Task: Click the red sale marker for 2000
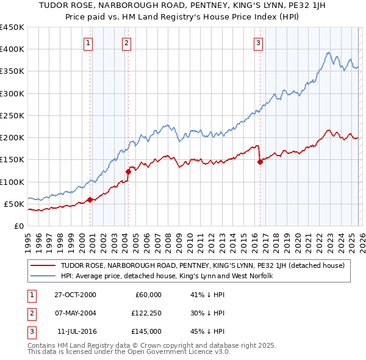[90, 199]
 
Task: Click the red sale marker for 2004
[128, 172]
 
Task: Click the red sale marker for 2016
[260, 162]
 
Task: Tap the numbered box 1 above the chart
[89, 43]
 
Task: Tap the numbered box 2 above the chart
[126, 43]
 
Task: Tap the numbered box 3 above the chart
[258, 43]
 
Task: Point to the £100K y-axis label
[12, 182]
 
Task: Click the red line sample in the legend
[43, 265]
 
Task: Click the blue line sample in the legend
[43, 276]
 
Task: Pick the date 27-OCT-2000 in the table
[75, 295]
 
